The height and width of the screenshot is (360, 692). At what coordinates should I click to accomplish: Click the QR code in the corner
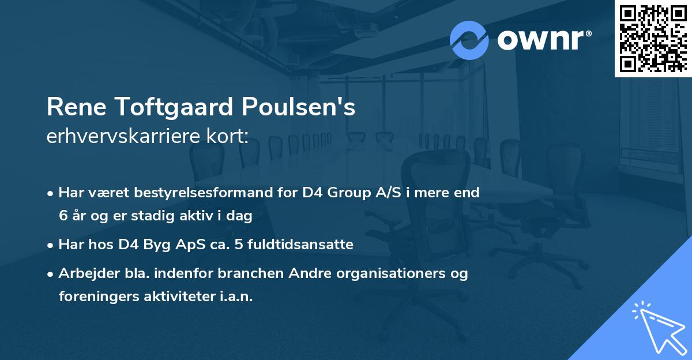653,38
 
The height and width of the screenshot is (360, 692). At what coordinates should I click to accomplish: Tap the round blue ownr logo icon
469,40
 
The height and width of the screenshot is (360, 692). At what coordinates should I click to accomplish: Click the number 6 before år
63,216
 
